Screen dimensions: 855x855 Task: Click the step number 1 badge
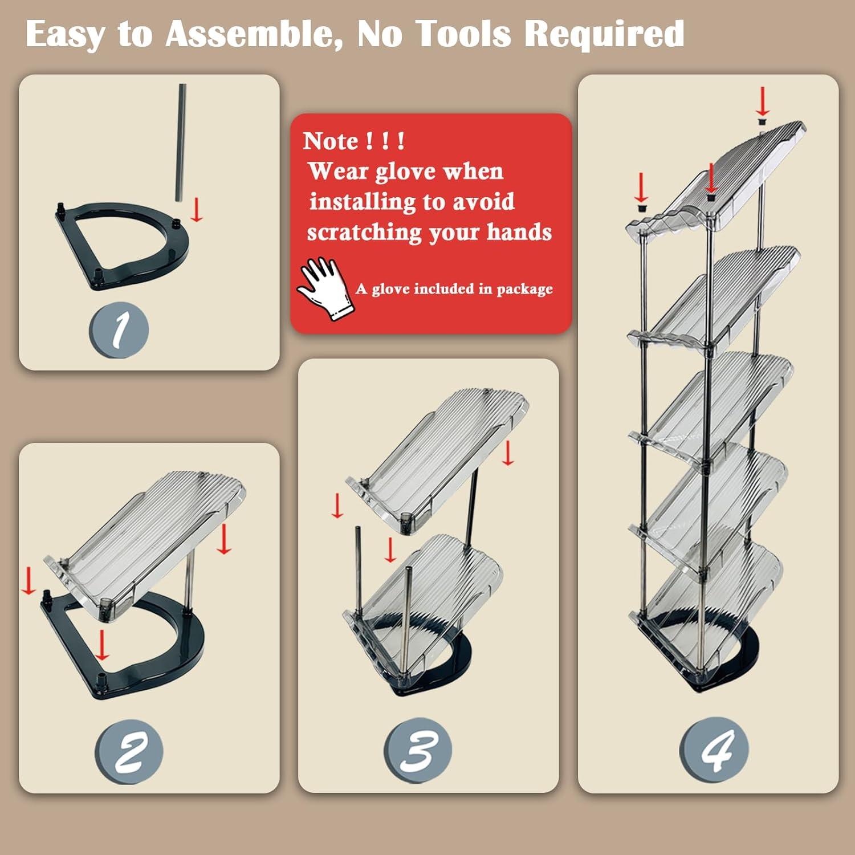coord(119,330)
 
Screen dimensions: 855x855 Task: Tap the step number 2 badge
coord(129,751)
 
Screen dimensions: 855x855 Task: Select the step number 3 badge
coord(418,750)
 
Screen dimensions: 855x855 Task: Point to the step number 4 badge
coord(714,750)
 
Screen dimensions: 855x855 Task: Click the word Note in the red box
coord(331,141)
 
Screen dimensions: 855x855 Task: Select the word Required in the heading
coord(604,34)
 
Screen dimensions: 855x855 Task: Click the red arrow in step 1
coord(196,209)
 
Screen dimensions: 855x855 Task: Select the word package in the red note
coord(524,290)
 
